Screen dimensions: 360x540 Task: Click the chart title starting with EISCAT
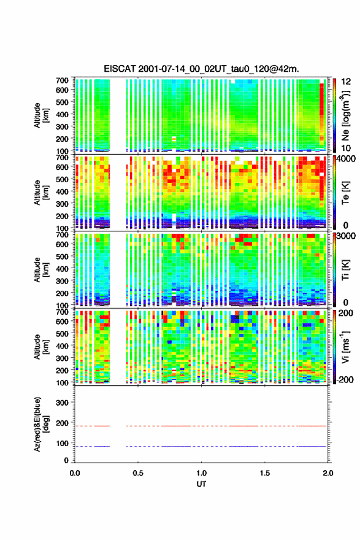coord(201,69)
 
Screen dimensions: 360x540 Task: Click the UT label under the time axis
coord(201,484)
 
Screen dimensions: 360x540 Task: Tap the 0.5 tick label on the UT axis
coord(138,473)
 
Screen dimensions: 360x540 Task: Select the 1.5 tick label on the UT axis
coord(265,473)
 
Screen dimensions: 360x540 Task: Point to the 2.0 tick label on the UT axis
coord(327,473)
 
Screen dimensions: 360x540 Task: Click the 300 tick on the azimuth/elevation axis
coord(62,403)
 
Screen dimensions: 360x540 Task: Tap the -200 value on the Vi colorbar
coord(345,379)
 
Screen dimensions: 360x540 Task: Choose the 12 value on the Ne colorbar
coord(346,82)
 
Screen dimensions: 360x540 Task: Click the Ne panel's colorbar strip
coord(334,116)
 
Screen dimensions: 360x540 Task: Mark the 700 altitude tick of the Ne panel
coord(62,80)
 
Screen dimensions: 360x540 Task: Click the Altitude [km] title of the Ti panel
coord(41,270)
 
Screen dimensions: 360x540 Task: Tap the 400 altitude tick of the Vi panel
coord(62,345)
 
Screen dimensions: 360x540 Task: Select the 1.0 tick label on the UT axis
coord(201,473)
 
